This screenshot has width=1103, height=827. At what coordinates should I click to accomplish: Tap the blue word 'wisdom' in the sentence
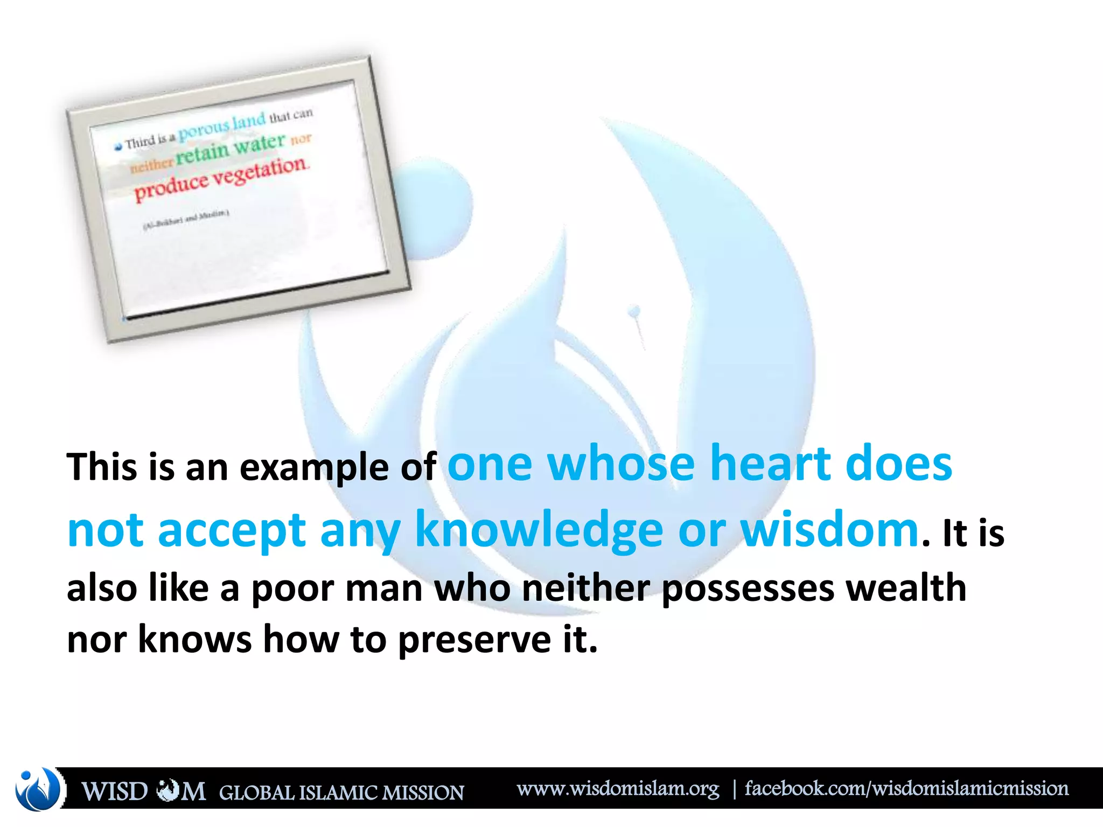(x=830, y=530)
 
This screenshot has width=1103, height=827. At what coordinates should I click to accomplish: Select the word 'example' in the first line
(x=314, y=467)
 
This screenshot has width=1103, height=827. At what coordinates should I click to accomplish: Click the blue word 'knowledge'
(x=539, y=530)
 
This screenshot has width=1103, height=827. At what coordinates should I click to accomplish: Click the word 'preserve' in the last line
(x=474, y=640)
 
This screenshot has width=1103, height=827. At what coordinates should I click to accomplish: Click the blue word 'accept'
(x=232, y=530)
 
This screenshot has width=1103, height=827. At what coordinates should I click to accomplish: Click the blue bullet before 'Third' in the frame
(x=118, y=147)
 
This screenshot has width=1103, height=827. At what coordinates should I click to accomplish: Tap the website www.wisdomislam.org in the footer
(x=618, y=789)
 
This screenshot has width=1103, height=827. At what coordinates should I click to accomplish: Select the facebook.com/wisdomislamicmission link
(x=906, y=789)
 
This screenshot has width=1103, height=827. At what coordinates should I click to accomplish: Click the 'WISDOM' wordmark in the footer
(x=143, y=791)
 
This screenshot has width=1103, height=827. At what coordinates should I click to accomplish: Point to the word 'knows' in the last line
(x=195, y=640)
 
